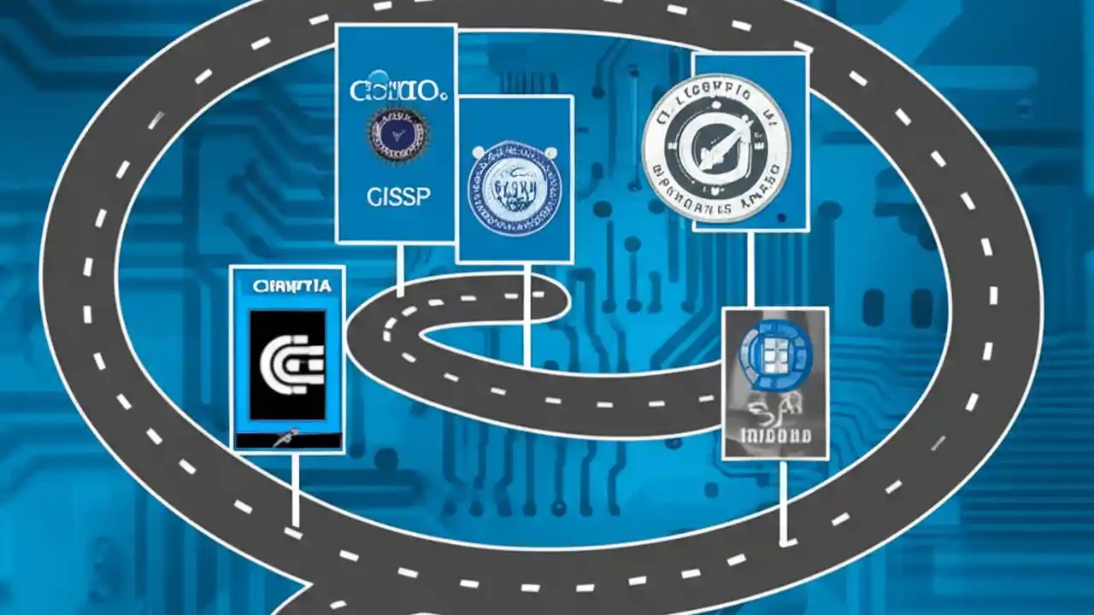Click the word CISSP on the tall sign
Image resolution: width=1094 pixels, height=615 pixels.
point(397,197)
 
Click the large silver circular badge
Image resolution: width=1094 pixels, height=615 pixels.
point(716,149)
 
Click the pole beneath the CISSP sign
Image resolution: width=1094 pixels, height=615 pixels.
point(400,268)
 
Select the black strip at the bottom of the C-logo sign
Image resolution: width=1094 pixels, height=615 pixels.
point(289,441)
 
